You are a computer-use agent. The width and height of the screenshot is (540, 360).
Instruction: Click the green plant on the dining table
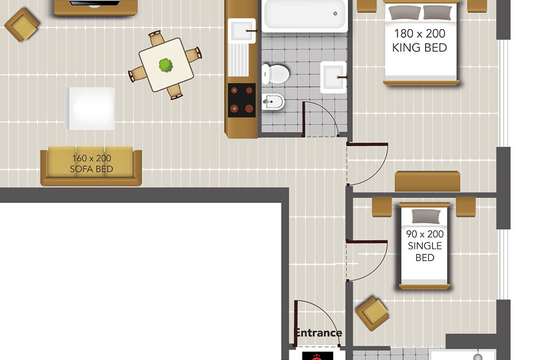(x=166, y=65)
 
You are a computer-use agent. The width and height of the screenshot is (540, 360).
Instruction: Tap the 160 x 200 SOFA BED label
(x=92, y=163)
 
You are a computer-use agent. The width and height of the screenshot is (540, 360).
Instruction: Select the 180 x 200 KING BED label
(x=419, y=41)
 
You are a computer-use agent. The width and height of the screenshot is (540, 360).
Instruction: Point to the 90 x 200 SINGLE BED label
(x=425, y=246)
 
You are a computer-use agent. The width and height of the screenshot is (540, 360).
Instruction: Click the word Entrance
(x=319, y=333)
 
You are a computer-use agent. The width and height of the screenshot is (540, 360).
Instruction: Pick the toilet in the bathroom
(x=275, y=74)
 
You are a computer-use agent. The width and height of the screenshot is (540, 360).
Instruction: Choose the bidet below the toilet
(x=273, y=102)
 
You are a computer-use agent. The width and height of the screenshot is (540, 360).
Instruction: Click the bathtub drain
(x=335, y=14)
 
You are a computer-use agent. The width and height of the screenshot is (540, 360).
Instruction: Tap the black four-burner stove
(x=242, y=100)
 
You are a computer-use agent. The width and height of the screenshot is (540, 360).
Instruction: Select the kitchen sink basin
(x=242, y=31)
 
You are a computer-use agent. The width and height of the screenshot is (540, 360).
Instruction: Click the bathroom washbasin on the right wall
(x=333, y=77)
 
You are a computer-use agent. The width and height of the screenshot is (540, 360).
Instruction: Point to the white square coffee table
(x=90, y=109)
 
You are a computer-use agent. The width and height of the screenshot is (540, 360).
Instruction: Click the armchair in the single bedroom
(x=372, y=313)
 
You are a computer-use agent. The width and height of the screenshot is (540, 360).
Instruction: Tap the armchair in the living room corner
(x=22, y=25)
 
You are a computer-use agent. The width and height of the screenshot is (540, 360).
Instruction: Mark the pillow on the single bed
(x=426, y=216)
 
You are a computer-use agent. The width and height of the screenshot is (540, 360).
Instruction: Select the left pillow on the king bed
(x=404, y=13)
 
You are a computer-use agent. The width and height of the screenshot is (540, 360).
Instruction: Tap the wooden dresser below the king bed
(x=427, y=181)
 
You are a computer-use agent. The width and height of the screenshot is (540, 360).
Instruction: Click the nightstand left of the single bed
(x=382, y=207)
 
